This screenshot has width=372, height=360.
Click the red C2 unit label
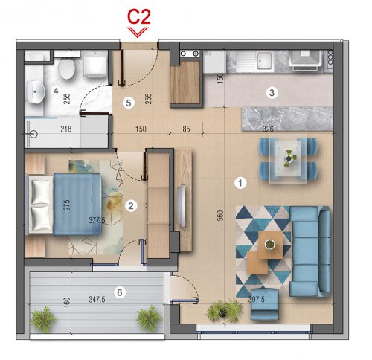coord(139,17)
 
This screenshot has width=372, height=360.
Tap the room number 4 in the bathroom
coord(56,91)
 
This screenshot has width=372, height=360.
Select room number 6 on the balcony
coord(120,292)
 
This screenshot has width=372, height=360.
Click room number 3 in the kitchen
coord(272,93)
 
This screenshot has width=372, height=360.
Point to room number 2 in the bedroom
coord(131,205)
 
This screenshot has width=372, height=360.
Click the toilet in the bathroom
coord(67,68)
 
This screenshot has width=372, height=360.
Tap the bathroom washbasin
coord(36,91)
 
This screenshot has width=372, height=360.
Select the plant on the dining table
coord(289,158)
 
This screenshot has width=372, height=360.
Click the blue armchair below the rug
coord(265,304)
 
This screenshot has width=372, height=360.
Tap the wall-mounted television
coord(182,205)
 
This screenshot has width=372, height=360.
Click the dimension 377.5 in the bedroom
coord(97,220)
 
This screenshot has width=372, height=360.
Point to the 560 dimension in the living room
coord(220,216)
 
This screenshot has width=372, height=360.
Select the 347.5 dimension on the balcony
coord(97,299)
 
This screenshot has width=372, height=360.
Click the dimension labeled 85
coord(186,129)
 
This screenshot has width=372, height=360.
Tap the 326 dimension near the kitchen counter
coord(268,129)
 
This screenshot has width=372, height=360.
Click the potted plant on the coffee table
coord(269,245)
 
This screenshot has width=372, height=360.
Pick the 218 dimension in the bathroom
coord(66,129)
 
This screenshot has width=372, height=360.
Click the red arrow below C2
coord(138,32)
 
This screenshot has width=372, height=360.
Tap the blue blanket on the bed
coord(77,204)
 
